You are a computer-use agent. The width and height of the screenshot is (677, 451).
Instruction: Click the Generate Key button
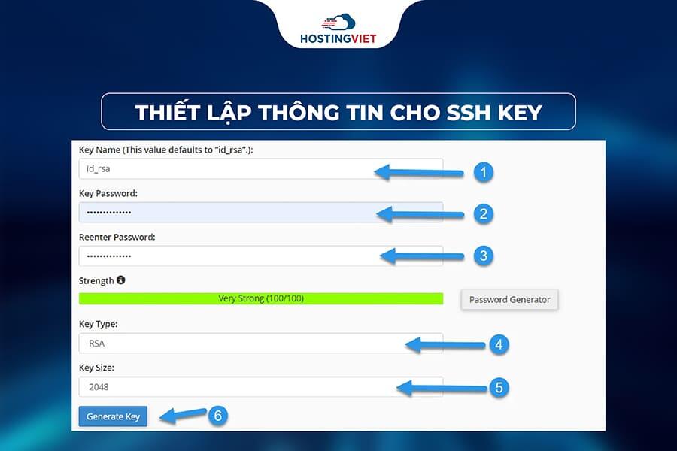tap(113, 416)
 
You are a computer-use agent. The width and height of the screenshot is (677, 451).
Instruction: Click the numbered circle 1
tap(483, 172)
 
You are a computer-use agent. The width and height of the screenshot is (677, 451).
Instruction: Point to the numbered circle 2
tap(483, 213)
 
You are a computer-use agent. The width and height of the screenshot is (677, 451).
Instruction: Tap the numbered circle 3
tap(483, 256)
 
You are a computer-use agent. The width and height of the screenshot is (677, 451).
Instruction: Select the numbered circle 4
tap(498, 344)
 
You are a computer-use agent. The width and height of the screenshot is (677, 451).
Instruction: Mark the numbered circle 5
tap(498, 388)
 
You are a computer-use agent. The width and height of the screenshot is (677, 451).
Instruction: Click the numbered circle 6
tap(217, 415)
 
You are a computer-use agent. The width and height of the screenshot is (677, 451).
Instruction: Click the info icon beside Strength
tap(121, 280)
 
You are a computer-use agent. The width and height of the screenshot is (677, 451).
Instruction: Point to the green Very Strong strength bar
tap(261, 298)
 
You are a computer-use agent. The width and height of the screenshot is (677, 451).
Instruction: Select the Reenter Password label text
tap(117, 238)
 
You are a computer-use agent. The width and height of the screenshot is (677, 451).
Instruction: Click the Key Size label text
tap(96, 368)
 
